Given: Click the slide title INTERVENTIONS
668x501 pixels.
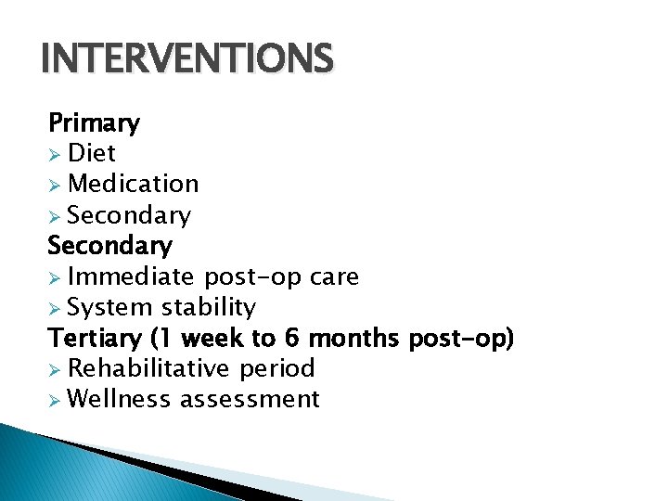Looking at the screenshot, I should tap(186, 59).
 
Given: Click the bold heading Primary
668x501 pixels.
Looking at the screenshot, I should tap(94, 122).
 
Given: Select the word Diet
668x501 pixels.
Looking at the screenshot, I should tap(92, 153).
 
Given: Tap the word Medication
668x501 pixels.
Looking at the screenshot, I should tap(134, 184).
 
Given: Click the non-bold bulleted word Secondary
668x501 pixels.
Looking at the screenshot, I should tap(129, 215).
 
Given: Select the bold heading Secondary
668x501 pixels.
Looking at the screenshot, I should tap(109, 246).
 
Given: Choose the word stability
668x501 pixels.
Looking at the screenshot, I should tap(209, 307).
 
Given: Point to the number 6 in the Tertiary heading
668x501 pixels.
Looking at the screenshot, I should tap(293, 338).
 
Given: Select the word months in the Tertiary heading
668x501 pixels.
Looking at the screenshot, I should tap(353, 338).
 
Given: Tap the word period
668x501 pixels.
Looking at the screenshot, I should tap(277, 368).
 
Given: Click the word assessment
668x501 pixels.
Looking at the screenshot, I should tap(250, 399).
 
